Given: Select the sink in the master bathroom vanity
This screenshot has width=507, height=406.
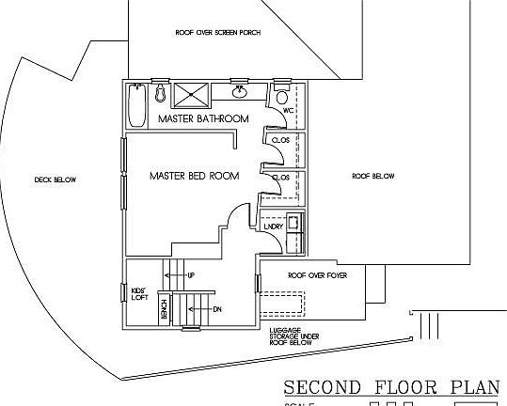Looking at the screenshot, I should point(240,92).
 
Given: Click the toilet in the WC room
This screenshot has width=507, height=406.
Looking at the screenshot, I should point(281,97).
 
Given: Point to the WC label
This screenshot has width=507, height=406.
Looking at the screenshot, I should point(290,110).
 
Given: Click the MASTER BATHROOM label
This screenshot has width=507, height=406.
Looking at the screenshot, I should point(203,119).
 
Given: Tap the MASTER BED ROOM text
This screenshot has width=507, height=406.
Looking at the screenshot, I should point(194,176).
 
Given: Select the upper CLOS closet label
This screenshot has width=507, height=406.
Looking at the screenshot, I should point(279,140).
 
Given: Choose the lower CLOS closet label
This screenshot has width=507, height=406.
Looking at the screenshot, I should point(279,177).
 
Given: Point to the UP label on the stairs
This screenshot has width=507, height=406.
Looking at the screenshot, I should point(190,275).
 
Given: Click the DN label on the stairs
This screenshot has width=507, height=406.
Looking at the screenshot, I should point(216,309).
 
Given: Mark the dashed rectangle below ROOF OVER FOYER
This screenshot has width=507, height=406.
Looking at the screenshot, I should point(281,305).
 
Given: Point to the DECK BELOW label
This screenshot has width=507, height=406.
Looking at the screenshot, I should point(55,180).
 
